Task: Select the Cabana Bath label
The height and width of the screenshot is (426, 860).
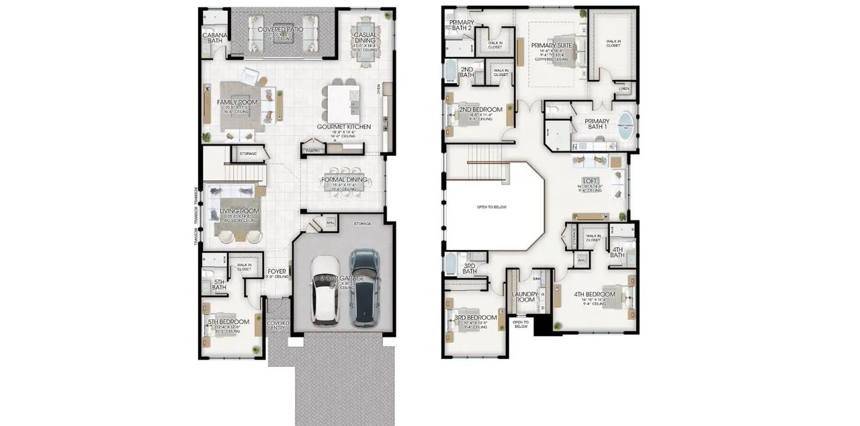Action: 215,38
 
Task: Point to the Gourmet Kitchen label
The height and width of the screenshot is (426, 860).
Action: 343,126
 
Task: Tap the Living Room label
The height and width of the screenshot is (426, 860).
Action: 240,211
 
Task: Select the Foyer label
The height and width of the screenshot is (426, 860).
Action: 277,271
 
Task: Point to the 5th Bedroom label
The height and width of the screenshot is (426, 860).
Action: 228,321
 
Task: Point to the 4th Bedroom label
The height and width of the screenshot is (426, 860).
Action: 594,294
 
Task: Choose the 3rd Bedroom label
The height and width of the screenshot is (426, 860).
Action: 476,318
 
